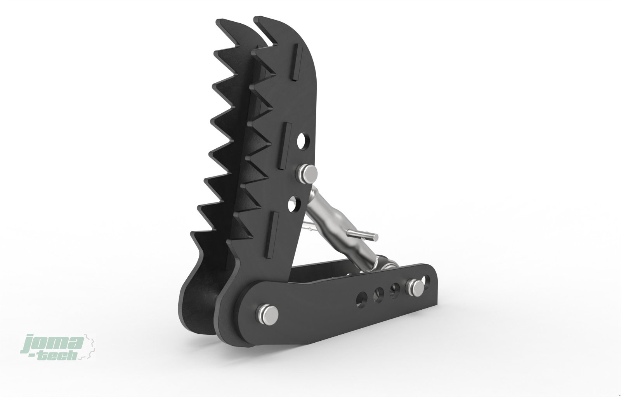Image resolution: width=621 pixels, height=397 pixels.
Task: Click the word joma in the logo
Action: tap(53, 343)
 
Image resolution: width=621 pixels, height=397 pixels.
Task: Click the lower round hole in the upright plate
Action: tap(294, 203)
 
